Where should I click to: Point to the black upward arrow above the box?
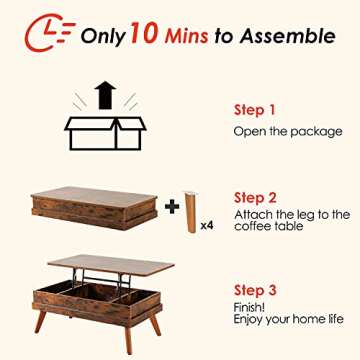pyautogui.click(x=104, y=96)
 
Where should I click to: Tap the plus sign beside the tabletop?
pyautogui.click(x=172, y=208)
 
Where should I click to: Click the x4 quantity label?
pyautogui.click(x=206, y=226)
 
